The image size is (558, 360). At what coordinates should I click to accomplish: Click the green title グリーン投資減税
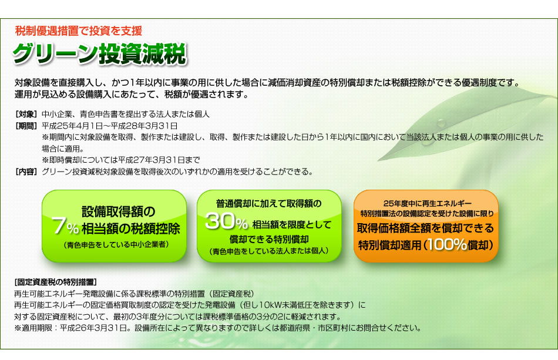[99, 54]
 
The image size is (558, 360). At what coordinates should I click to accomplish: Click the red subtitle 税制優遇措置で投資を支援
[79, 31]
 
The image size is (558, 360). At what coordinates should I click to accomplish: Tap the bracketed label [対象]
[26, 114]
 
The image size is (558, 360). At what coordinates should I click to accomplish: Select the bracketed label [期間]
[26, 126]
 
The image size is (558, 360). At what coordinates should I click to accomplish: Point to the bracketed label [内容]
[26, 172]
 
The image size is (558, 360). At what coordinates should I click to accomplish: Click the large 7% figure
[65, 226]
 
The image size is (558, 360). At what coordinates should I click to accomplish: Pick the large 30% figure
[227, 221]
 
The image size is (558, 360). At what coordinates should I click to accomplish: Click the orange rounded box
[426, 226]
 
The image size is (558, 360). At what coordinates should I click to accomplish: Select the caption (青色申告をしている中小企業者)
[116, 245]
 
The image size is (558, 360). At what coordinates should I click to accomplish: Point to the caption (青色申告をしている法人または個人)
[270, 251]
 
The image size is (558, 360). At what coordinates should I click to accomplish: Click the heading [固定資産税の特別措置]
[56, 282]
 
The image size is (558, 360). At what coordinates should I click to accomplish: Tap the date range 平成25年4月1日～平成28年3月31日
[110, 126]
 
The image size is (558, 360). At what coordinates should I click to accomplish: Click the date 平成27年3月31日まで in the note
[159, 160]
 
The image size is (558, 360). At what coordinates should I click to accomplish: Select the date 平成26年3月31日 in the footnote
[93, 328]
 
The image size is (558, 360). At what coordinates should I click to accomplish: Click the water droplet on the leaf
[441, 123]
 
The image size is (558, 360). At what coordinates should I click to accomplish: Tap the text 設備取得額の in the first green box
[119, 211]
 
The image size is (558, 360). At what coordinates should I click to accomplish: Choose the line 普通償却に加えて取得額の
[268, 203]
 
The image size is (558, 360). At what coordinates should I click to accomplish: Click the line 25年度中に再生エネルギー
[428, 203]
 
